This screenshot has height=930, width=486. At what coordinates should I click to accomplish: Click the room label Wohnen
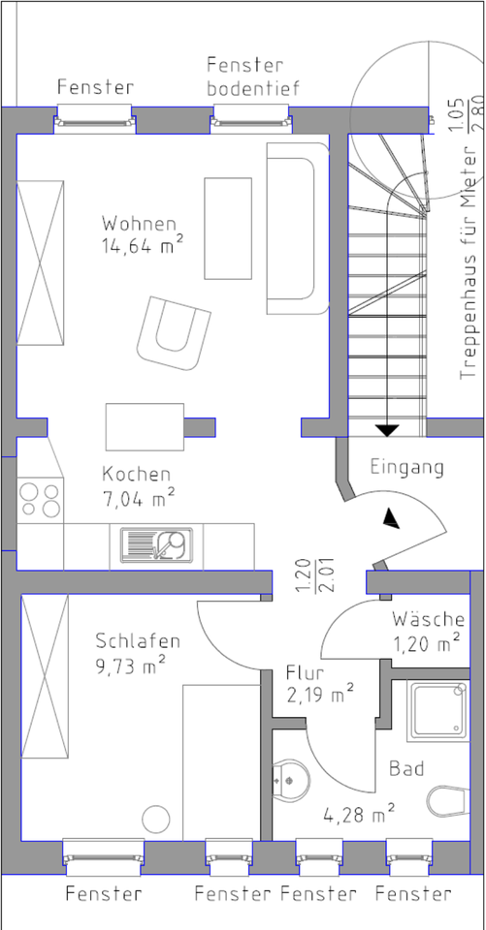coord(139,224)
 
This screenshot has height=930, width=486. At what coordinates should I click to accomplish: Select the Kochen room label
coord(136,475)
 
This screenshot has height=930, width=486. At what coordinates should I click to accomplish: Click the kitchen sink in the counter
coord(157,544)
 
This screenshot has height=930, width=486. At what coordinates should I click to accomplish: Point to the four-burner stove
coord(39,500)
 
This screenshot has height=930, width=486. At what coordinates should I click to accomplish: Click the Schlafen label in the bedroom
coord(138,641)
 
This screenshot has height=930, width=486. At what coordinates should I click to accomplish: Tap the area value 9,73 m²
coord(130,665)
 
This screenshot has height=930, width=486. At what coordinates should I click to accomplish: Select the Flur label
coord(306,673)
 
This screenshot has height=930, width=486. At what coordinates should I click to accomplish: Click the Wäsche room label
coord(428,619)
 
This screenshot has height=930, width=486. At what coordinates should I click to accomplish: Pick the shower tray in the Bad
coord(437,710)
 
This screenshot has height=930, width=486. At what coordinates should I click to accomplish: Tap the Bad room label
coord(406,769)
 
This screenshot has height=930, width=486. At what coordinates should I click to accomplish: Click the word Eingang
coord(407,467)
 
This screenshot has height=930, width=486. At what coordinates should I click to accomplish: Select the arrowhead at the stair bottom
coord(387,430)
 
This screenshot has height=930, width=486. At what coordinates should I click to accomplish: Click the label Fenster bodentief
coord(253,77)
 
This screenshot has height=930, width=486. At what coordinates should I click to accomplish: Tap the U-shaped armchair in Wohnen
coord(174,333)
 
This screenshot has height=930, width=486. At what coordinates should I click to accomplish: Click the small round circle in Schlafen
coord(155,820)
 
